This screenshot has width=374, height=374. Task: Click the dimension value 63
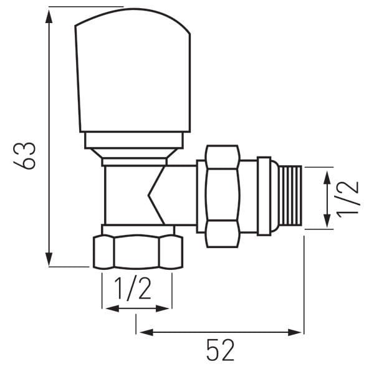pos(27,155)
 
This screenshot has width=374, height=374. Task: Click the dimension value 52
pos(220,352)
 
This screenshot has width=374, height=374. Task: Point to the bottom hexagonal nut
pos(137,252)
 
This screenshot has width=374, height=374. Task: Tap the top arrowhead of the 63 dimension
pos(49,14)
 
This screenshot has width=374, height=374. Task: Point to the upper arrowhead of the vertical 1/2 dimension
pos(326,175)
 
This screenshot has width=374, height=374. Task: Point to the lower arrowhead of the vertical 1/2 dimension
pos(326,223)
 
